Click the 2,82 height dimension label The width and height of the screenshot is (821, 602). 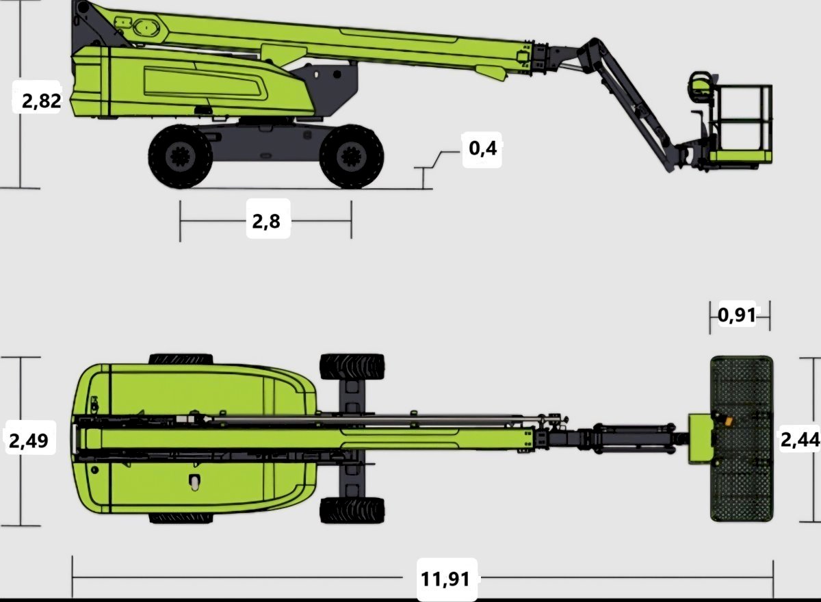(42, 101)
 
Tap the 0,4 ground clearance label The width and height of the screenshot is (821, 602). (483, 148)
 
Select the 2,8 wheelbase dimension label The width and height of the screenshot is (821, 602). (266, 222)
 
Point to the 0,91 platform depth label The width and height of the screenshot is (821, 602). (737, 315)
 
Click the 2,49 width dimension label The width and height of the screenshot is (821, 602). (29, 441)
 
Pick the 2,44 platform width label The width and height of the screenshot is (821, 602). (800, 440)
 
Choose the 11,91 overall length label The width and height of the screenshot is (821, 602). (445, 579)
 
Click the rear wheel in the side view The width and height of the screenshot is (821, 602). (180, 157)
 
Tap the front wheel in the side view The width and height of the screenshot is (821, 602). (352, 157)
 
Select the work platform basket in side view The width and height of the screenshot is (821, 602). (740, 124)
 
